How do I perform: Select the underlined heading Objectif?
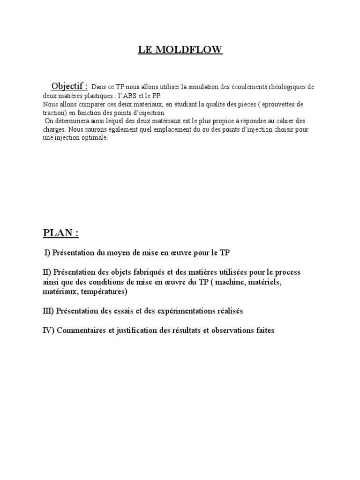69,86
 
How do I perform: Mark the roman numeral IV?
48,330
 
